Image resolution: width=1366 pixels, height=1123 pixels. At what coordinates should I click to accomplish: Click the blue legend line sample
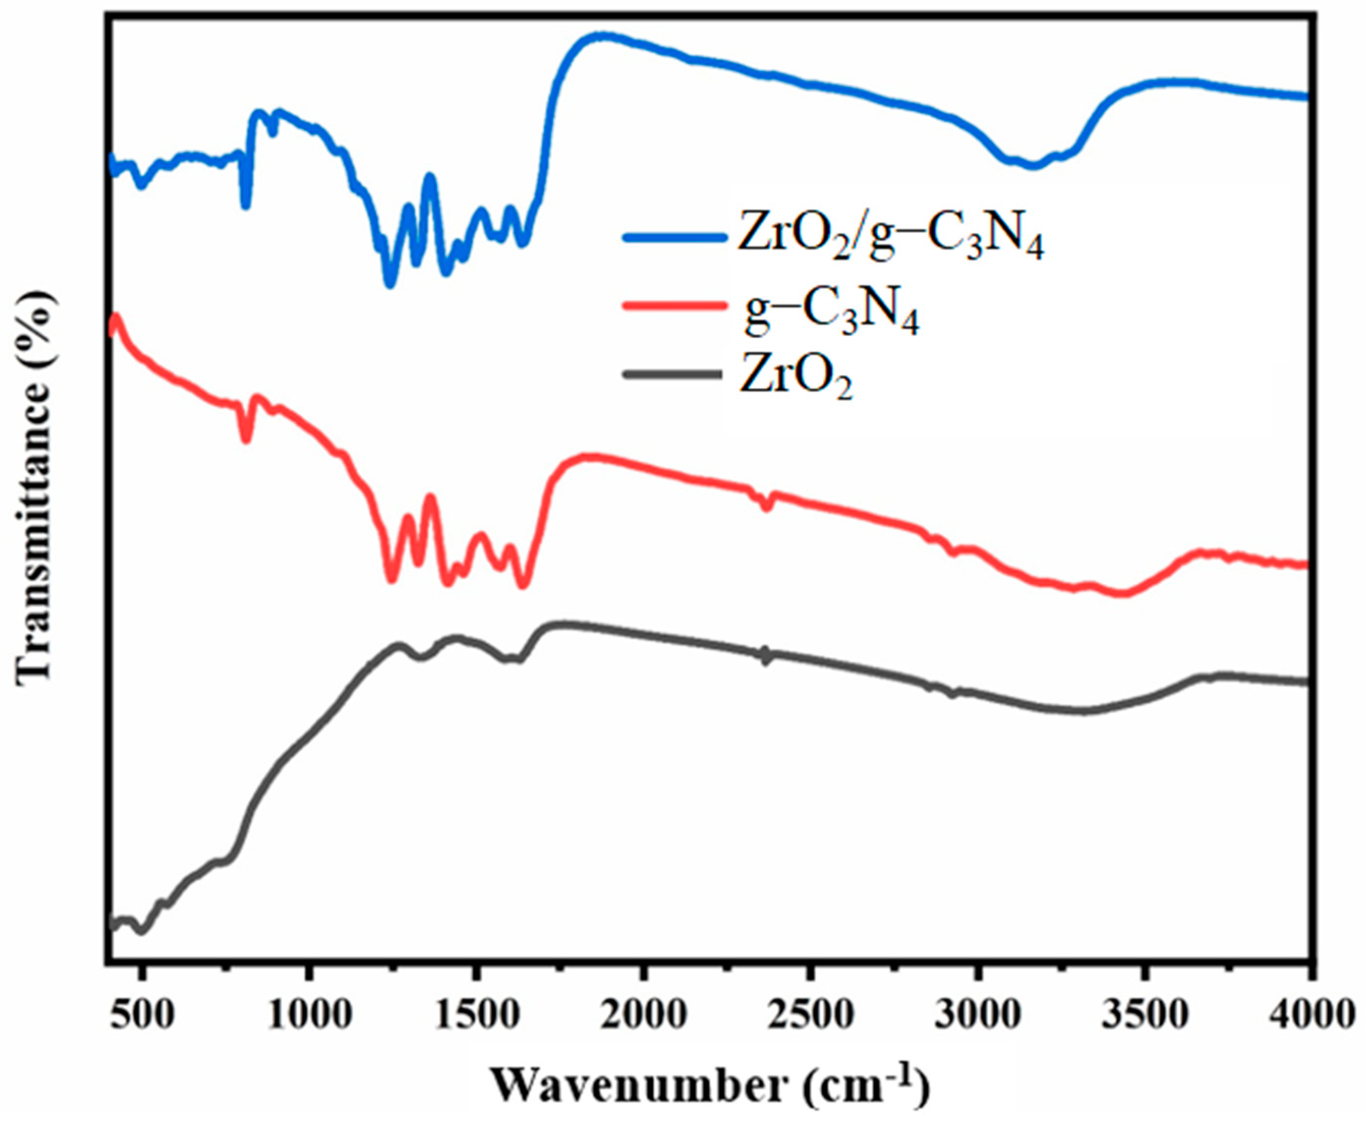pyautogui.click(x=673, y=237)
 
